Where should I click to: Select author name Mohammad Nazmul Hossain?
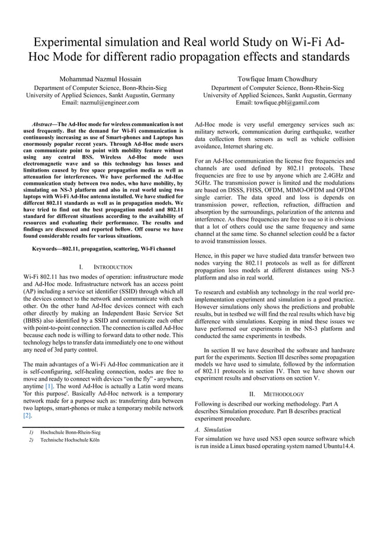101,78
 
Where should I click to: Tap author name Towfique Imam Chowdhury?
277,78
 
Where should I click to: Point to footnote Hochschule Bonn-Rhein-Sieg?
70,432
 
